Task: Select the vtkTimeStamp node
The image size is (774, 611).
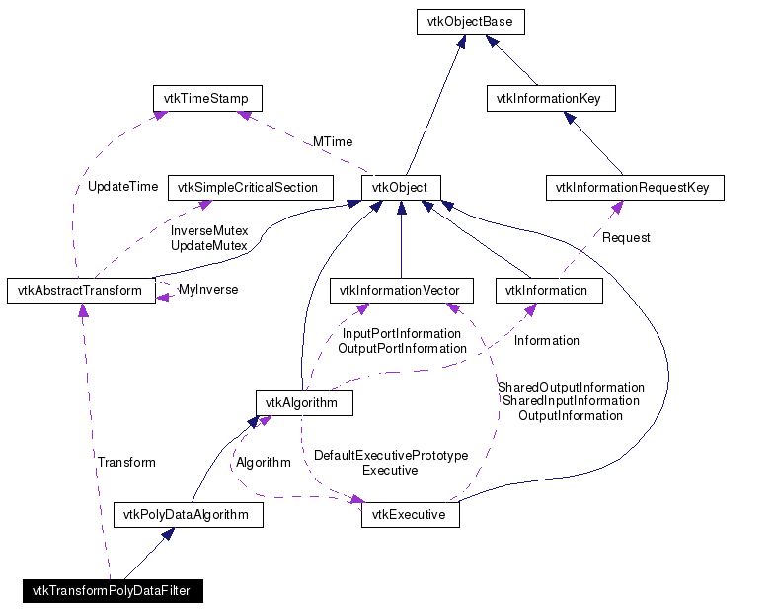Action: click(x=207, y=98)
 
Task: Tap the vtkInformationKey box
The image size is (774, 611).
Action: click(x=551, y=98)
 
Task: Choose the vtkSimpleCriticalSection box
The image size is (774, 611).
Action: click(x=250, y=187)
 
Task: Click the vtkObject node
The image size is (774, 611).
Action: click(x=400, y=187)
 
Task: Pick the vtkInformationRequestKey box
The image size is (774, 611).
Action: click(x=634, y=187)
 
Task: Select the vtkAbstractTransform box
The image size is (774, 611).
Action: click(x=81, y=291)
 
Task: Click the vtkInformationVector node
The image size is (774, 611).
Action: click(x=401, y=291)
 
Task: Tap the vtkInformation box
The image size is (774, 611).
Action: click(x=546, y=291)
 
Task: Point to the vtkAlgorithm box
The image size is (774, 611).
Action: click(x=304, y=402)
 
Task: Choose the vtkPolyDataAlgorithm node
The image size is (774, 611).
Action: click(x=189, y=514)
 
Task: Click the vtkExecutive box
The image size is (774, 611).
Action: click(x=410, y=514)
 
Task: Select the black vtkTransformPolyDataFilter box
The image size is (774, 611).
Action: click(x=113, y=591)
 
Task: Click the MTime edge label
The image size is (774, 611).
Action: click(x=333, y=142)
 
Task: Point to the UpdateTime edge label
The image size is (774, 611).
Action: click(x=122, y=186)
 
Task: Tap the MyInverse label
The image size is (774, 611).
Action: click(x=208, y=290)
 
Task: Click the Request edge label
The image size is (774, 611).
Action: click(x=626, y=237)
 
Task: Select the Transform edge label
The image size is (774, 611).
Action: click(x=126, y=462)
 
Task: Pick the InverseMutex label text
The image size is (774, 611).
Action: click(x=209, y=230)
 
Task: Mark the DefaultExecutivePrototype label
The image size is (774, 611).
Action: click(x=390, y=455)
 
